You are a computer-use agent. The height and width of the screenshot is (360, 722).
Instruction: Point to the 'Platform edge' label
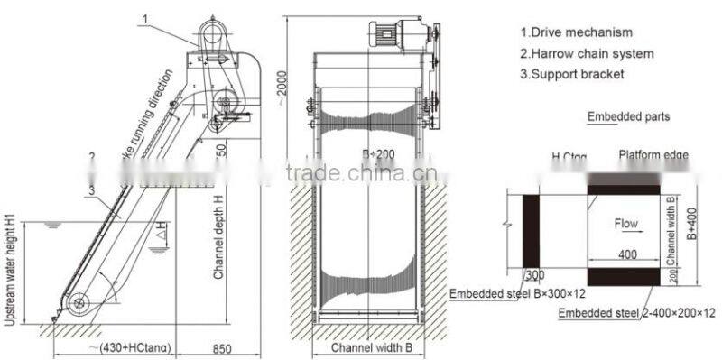point(653,156)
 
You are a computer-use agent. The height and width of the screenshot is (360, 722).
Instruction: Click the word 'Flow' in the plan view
point(626,223)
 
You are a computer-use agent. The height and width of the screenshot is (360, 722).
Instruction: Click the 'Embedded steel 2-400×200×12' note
point(636,313)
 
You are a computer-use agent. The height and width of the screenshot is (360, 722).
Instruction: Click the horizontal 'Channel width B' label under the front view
point(371,347)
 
